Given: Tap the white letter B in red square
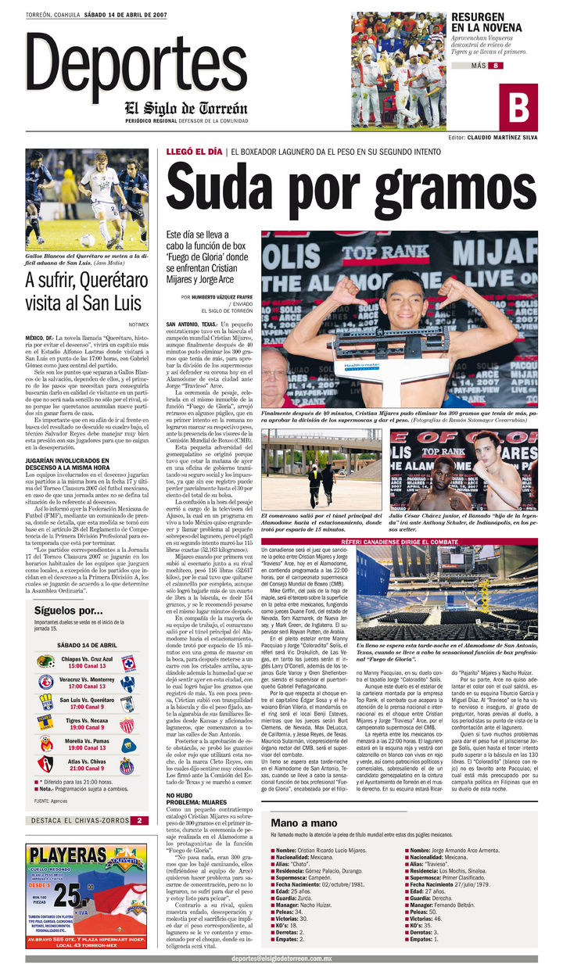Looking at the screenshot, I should (519, 106).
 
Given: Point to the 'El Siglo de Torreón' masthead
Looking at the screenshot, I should (185, 108).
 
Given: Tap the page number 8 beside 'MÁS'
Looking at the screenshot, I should (495, 66).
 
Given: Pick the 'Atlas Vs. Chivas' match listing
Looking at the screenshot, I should (87, 765).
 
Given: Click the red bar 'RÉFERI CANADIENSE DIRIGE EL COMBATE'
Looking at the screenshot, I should (400, 542).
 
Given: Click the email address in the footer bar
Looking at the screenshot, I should (281, 958).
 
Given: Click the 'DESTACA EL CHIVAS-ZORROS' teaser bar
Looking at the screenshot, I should (77, 820).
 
